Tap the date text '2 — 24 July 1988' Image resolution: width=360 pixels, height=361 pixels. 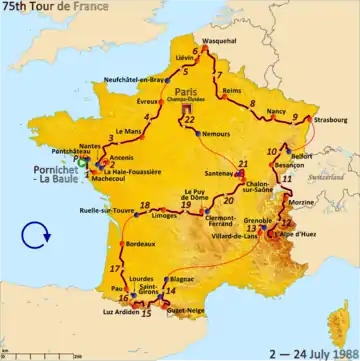(x=303, y=351)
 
